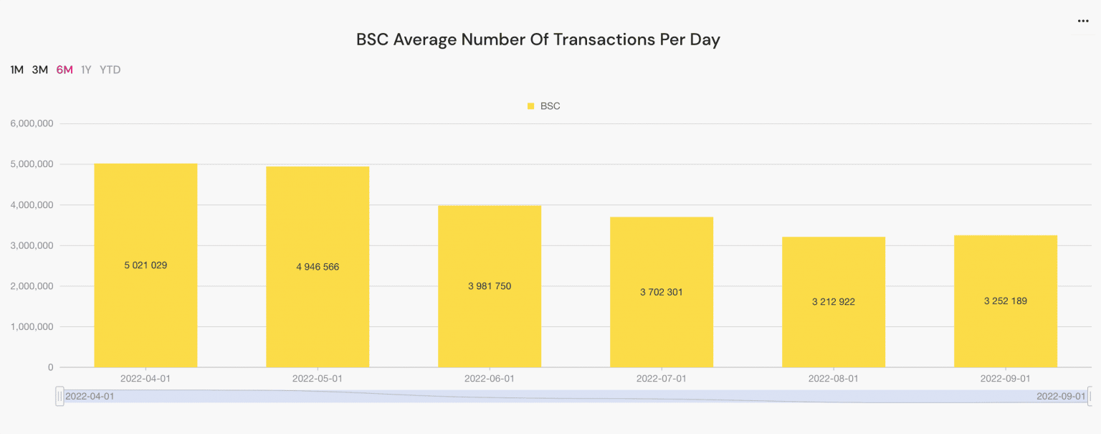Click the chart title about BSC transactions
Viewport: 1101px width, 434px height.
click(538, 39)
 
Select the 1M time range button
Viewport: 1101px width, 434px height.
click(17, 70)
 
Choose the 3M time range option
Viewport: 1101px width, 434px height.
click(40, 70)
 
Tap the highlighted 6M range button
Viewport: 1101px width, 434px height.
click(65, 70)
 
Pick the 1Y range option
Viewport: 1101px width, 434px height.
click(86, 70)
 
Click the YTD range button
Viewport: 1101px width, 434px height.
click(110, 70)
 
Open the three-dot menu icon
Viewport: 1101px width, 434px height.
click(1083, 22)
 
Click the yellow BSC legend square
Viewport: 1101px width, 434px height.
click(531, 106)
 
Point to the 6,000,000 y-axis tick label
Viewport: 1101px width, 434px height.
click(32, 123)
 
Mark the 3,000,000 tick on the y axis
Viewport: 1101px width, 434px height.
click(32, 245)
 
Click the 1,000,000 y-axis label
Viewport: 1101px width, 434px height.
click(32, 326)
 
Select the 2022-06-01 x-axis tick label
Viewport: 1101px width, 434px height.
click(490, 378)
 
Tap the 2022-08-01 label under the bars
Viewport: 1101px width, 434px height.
click(833, 378)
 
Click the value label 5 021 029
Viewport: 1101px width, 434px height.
click(146, 265)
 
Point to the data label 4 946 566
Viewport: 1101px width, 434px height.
click(318, 267)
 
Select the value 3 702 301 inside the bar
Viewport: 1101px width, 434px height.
click(662, 293)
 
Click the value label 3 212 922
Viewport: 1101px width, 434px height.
click(834, 302)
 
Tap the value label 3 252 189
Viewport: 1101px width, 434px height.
click(1006, 301)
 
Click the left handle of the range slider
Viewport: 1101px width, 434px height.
click(60, 396)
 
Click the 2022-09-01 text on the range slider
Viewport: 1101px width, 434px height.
click(1061, 396)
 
